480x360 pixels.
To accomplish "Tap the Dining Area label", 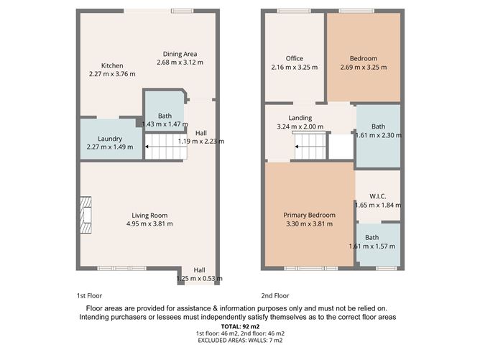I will pyautogui.click(x=180, y=54).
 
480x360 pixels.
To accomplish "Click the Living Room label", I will pyautogui.click(x=149, y=215).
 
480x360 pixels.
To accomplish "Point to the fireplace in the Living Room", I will pyautogui.click(x=87, y=215).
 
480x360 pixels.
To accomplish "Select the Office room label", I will pyautogui.click(x=294, y=59).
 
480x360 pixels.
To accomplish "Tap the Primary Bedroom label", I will pyautogui.click(x=308, y=215).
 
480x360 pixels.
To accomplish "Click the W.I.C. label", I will pyautogui.click(x=378, y=196).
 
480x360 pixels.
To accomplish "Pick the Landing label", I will pyautogui.click(x=300, y=118).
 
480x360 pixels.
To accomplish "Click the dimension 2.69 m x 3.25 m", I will pyautogui.click(x=363, y=68).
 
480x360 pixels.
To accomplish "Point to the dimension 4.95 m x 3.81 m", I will pyautogui.click(x=149, y=223).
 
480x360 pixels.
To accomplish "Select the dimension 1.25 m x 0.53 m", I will pyautogui.click(x=199, y=278).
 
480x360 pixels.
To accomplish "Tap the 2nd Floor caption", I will pyautogui.click(x=275, y=295).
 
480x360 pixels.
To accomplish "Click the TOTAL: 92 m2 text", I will pyautogui.click(x=239, y=326).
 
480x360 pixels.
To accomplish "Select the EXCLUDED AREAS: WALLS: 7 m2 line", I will pyautogui.click(x=239, y=341).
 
